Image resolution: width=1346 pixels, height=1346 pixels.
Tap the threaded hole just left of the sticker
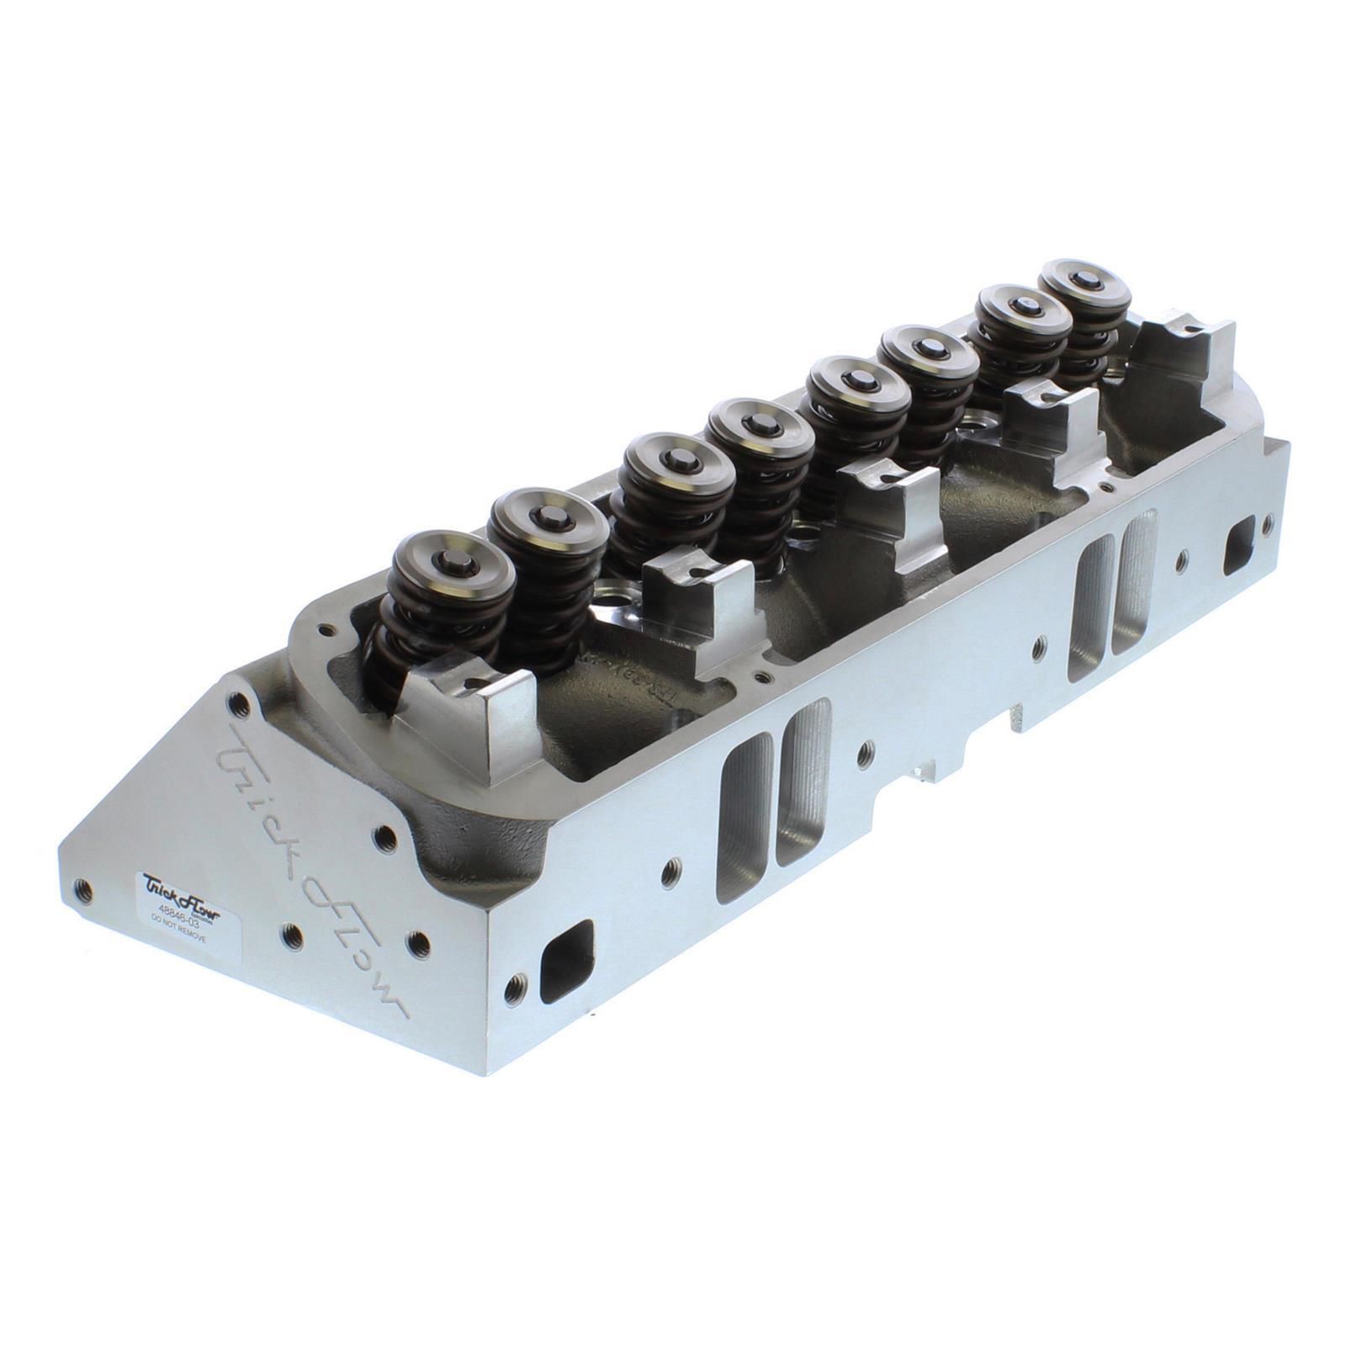pyautogui.click(x=82, y=885)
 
